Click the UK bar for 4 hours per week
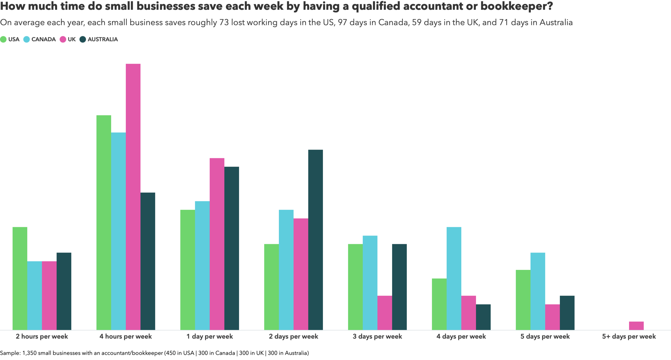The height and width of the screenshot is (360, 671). tap(133, 197)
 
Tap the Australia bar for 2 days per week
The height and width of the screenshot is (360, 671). tap(315, 239)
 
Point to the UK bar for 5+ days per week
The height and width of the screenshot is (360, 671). tap(636, 325)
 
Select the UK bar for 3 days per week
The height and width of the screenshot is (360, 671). tap(385, 313)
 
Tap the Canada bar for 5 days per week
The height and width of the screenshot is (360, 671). tap(538, 291)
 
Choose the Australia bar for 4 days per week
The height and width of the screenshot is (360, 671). tap(483, 317)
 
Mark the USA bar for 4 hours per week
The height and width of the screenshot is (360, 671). tap(104, 222)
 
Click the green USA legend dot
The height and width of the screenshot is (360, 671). tap(3, 39)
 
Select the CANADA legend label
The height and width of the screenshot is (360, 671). tap(44, 39)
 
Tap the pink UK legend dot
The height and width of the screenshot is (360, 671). tap(63, 39)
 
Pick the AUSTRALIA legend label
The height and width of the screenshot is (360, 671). tap(102, 39)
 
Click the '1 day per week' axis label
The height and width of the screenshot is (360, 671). tap(209, 336)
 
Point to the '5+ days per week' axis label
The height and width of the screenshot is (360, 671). tap(629, 336)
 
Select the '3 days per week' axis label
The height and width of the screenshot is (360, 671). tap(377, 336)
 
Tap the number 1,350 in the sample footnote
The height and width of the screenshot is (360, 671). tap(29, 353)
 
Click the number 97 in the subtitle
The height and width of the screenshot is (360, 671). tap(342, 23)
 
